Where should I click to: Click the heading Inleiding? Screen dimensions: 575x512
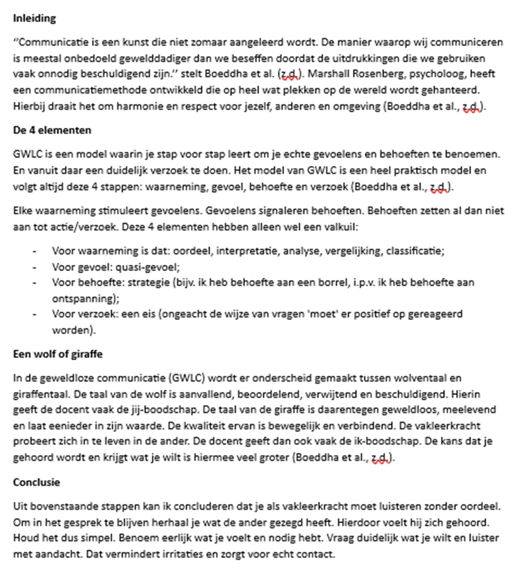34,18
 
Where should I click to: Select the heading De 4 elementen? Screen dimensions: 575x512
52,131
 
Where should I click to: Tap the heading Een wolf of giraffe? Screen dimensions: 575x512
57,354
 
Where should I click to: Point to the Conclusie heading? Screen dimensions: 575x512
36,482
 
